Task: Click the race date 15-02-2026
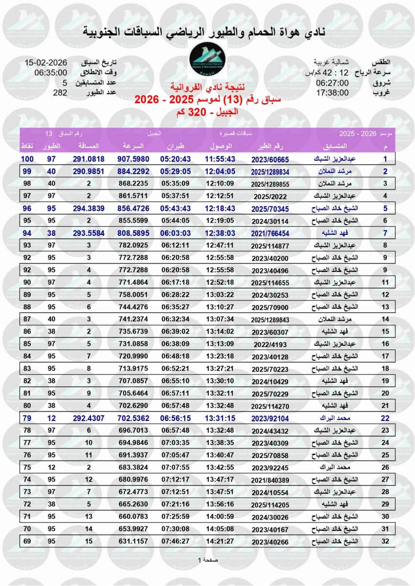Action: (45, 63)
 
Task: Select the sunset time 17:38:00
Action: (332, 92)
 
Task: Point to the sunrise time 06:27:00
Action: (332, 83)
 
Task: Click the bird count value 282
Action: (60, 92)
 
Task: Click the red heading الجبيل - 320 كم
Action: (208, 112)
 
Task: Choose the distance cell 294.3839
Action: (88, 208)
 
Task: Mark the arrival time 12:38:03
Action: (220, 233)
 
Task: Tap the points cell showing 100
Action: (27, 159)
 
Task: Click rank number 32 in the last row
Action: (385, 541)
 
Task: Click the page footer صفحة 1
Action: (208, 560)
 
